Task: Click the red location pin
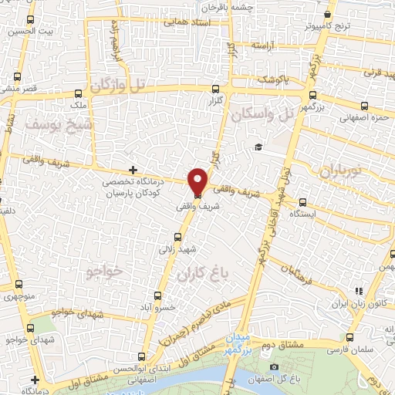click(x=197, y=181)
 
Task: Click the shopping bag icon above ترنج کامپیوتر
click(x=329, y=15)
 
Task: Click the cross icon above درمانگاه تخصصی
click(x=133, y=169)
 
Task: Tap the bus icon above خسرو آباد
click(x=158, y=295)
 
